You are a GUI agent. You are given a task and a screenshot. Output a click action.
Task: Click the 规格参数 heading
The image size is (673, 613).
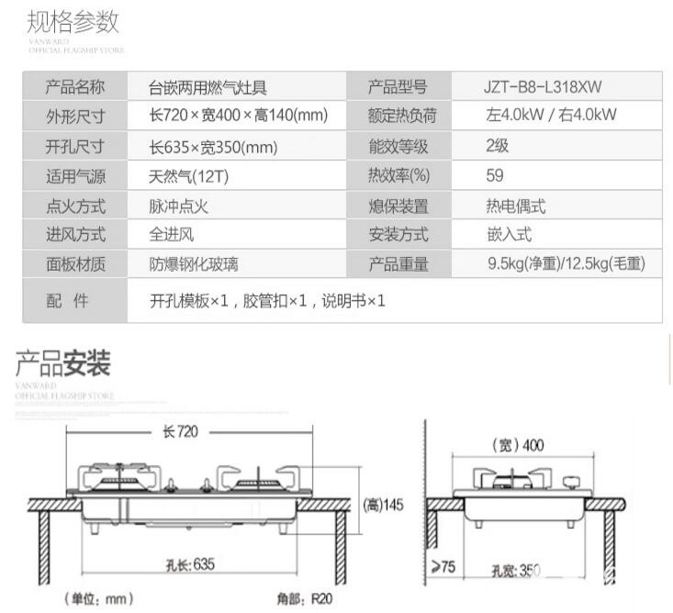[73, 21]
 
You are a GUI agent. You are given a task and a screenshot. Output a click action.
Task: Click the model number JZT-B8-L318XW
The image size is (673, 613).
[545, 87]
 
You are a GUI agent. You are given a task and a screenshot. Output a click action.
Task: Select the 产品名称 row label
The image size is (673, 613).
[75, 87]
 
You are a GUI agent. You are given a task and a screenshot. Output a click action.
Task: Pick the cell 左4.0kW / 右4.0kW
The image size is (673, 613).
[551, 116]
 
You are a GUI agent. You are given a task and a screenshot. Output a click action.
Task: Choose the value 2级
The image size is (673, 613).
[497, 145]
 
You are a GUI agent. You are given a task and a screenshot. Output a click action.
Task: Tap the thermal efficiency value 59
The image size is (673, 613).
[495, 175]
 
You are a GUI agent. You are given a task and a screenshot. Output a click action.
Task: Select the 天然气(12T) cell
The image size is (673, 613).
[183, 176]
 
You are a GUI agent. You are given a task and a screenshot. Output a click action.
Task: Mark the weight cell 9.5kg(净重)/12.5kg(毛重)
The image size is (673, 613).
[566, 264]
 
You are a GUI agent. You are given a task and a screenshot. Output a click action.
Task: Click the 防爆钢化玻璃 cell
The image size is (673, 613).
[194, 264]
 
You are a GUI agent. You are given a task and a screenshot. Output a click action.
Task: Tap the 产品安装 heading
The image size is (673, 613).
[62, 364]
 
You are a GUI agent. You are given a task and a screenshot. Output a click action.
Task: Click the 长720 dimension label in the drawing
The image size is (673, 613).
[181, 431]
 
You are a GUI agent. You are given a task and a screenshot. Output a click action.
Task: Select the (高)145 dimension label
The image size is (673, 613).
[384, 505]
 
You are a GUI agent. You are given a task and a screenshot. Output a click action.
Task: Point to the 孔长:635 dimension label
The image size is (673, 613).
[190, 564]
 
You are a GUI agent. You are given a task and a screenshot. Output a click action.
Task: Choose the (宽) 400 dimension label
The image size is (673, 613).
[521, 446]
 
